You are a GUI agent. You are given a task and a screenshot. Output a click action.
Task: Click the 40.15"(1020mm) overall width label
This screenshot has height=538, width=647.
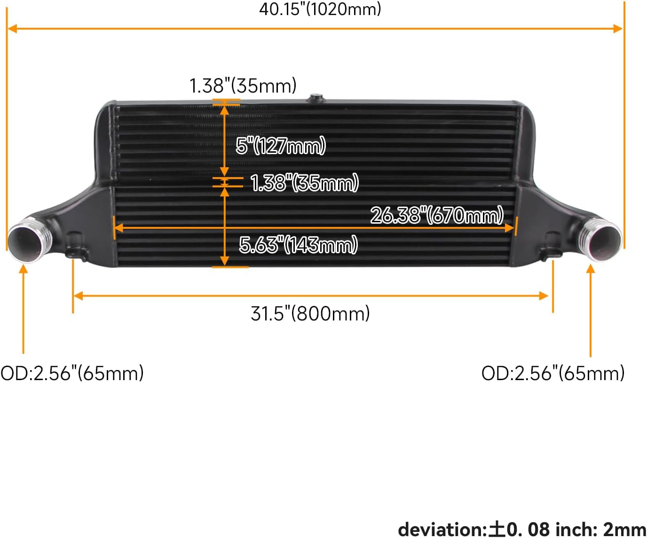pos(320,9)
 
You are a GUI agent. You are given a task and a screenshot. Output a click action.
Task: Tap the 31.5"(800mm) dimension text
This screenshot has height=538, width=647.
pos(310,313)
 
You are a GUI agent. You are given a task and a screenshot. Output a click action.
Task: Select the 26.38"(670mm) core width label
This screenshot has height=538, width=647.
pos(437,215)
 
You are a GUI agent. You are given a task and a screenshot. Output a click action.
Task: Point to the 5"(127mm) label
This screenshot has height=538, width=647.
pos(281,146)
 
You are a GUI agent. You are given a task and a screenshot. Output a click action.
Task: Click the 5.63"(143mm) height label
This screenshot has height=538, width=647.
pos(298,245)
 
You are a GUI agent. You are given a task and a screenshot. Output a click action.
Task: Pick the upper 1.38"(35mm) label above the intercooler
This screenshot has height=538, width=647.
pos(243,86)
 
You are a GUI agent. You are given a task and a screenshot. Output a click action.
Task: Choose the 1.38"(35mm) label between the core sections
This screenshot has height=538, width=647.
pos(304,183)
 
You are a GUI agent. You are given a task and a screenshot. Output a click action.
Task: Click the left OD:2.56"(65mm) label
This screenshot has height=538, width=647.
pos(72,373)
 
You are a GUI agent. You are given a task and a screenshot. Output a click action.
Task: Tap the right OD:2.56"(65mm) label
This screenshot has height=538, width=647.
pos(553,373)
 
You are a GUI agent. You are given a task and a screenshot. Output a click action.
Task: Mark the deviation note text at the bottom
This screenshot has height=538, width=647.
pos(522,529)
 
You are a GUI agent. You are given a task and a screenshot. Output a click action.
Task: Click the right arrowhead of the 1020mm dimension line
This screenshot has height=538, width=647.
pos(618,29)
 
